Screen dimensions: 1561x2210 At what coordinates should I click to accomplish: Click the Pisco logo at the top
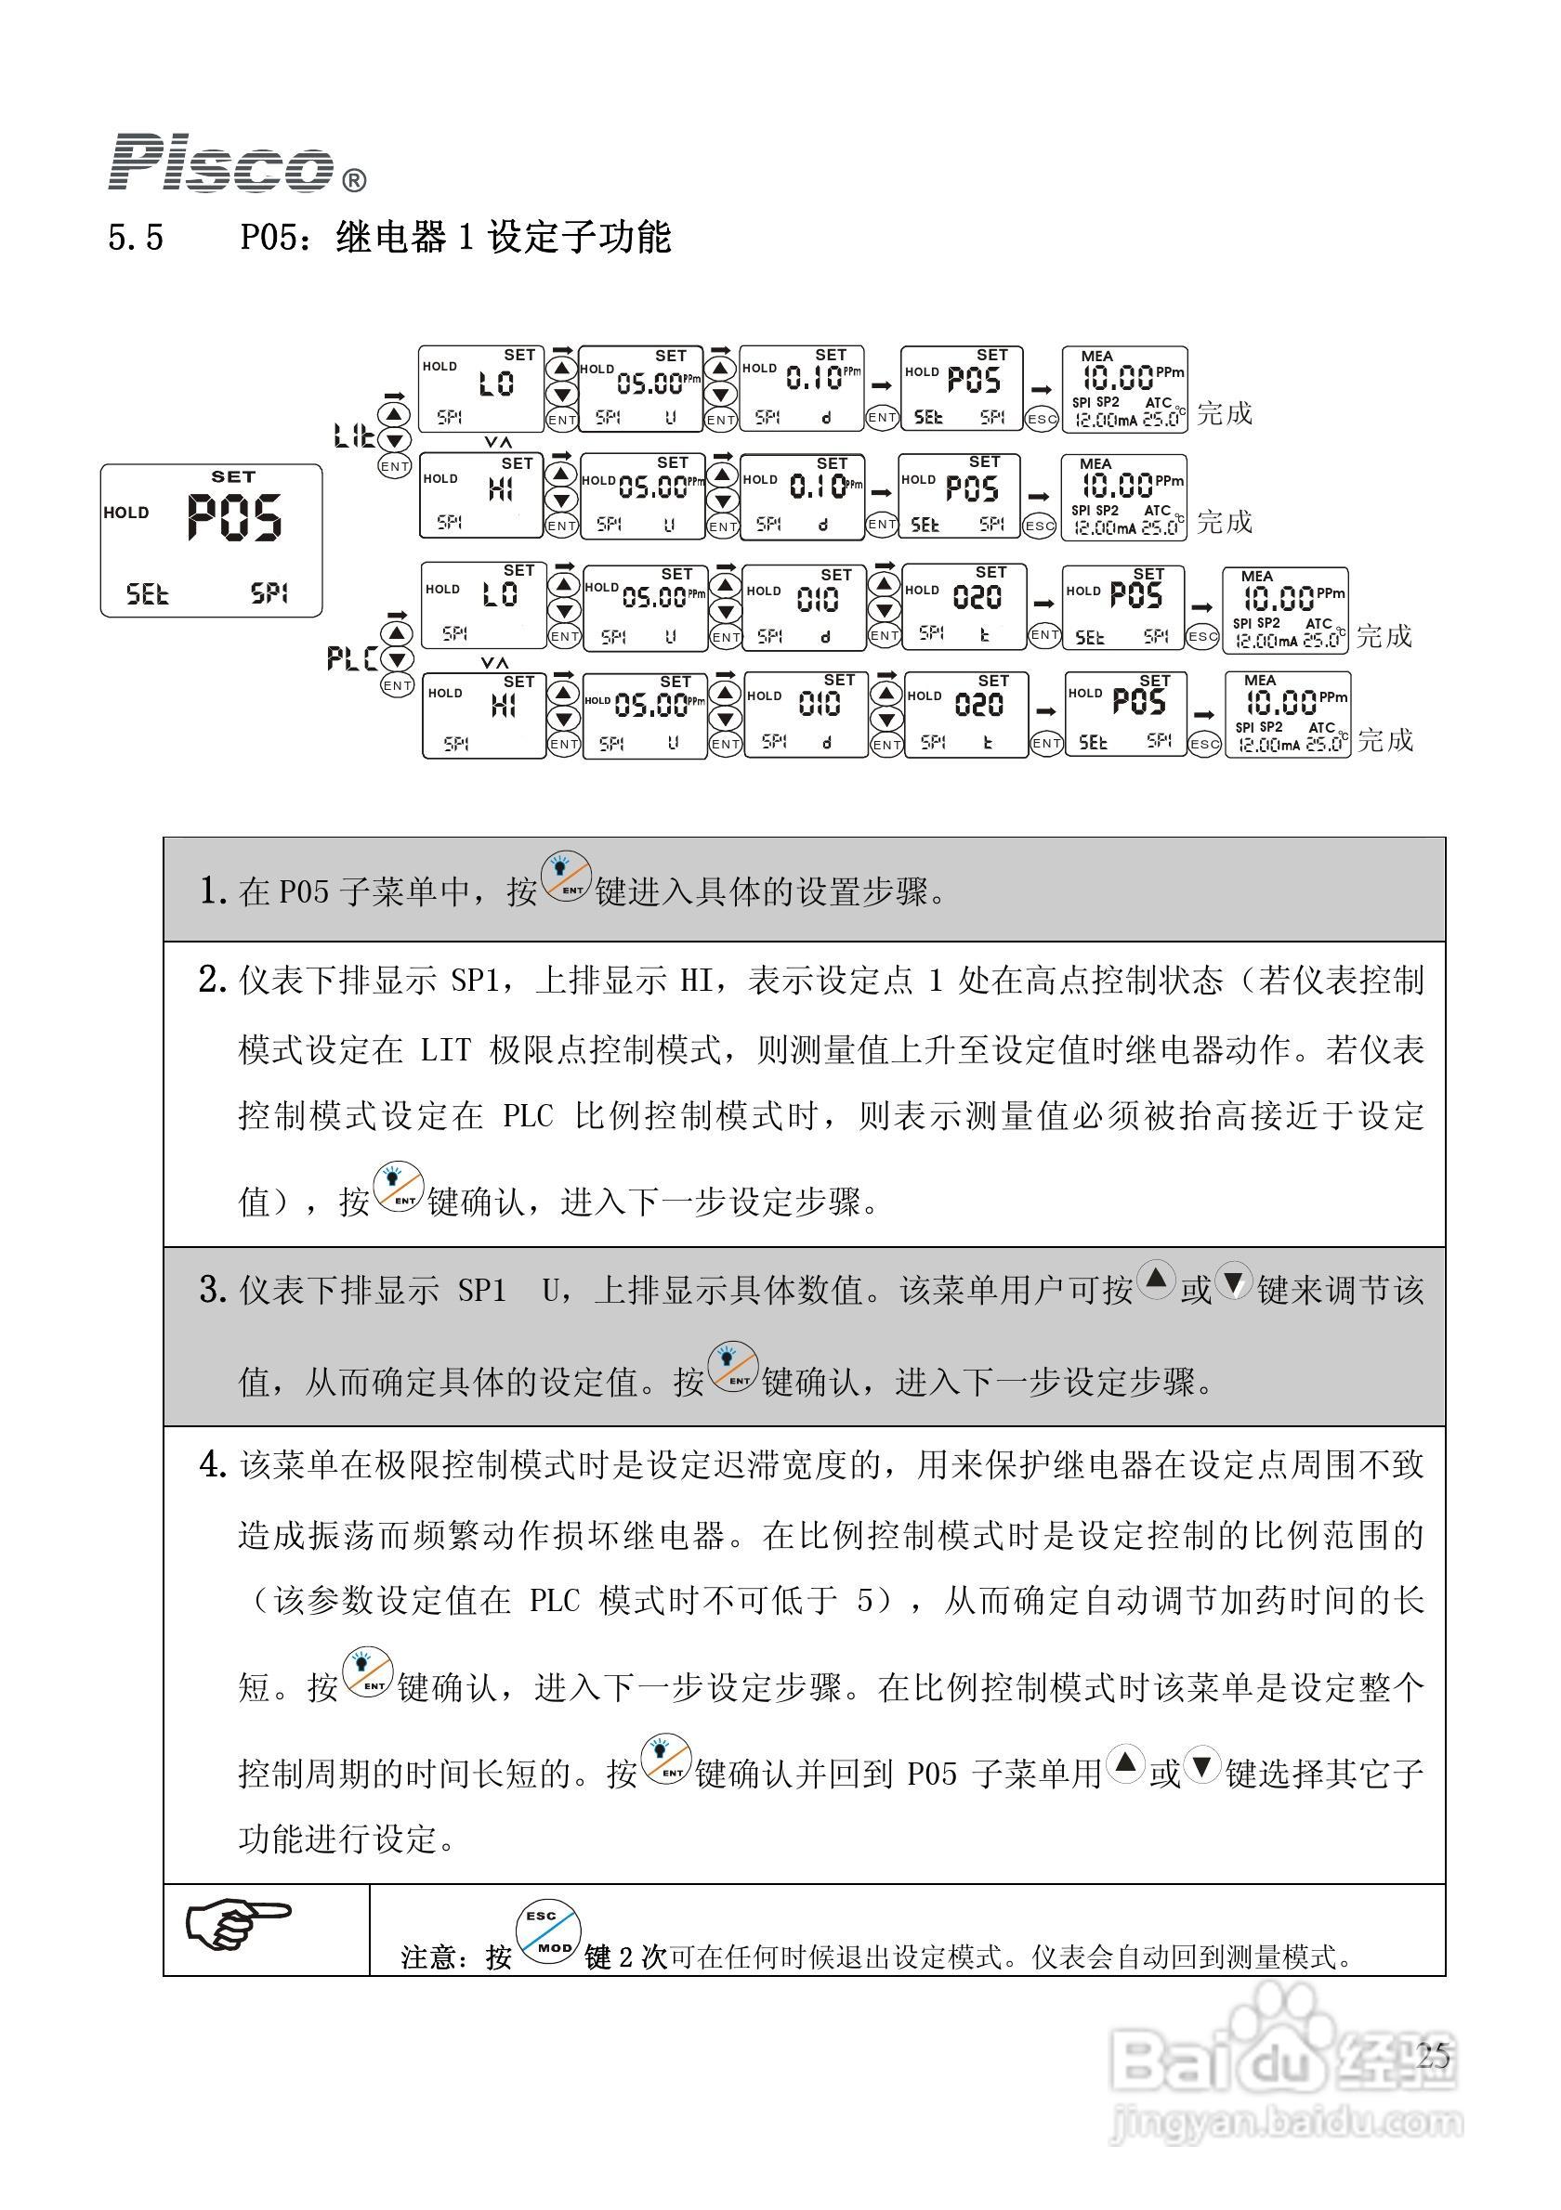[x=221, y=162]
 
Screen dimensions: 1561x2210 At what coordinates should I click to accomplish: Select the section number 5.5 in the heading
[x=136, y=237]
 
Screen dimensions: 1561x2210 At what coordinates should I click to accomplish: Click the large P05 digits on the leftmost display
[x=234, y=518]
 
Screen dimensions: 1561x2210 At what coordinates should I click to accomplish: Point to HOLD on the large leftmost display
[x=126, y=513]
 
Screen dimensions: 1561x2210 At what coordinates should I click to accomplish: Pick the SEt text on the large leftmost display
[x=148, y=593]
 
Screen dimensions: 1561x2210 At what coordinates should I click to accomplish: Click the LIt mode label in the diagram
[x=352, y=436]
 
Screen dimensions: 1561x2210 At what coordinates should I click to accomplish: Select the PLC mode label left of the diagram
[x=350, y=658]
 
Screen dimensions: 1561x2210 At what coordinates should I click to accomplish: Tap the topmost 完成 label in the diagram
[x=1224, y=413]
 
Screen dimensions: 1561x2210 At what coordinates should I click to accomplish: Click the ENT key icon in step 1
[x=565, y=877]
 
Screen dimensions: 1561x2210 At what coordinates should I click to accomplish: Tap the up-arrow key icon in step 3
[x=1156, y=1280]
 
